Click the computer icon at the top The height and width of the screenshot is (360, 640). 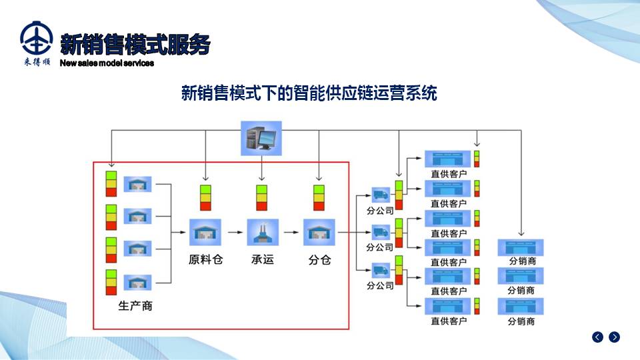(261, 138)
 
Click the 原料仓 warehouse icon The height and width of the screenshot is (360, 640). (205, 233)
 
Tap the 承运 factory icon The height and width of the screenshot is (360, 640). (261, 233)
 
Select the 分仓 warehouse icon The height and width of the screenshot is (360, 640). (319, 233)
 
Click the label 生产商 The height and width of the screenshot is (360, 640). (135, 306)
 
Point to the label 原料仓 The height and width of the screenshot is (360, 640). (205, 259)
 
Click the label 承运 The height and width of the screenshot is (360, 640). (262, 259)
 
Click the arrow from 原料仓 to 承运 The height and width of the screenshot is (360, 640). (233, 233)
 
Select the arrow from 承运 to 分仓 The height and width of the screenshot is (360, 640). (290, 233)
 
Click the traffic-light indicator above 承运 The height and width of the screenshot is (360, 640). (262, 198)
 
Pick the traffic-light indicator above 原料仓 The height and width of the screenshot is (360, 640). (206, 198)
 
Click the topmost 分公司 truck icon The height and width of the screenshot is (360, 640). (380, 195)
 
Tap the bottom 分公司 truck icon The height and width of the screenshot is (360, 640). (380, 271)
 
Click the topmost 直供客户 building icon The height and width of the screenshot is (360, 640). (449, 159)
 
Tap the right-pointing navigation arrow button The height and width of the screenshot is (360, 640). (614, 337)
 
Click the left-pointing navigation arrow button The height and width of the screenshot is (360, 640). (597, 337)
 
